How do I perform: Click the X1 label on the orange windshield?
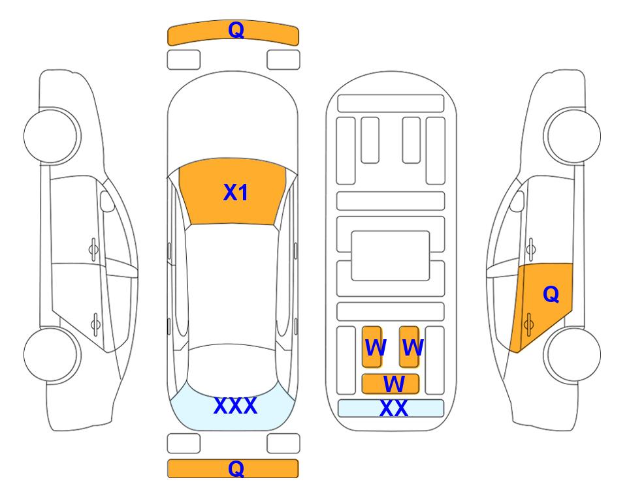(236, 192)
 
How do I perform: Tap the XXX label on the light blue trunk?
(236, 406)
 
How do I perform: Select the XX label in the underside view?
(393, 408)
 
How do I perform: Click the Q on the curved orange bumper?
(236, 30)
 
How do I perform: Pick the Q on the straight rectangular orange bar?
(236, 468)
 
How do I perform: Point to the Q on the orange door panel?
(551, 294)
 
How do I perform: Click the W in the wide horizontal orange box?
(393, 384)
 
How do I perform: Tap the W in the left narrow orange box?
(376, 347)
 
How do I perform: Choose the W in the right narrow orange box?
(412, 347)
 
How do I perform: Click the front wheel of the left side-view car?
(52, 136)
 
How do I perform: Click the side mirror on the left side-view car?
(107, 201)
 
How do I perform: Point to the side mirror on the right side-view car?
(517, 201)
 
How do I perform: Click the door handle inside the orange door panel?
(528, 324)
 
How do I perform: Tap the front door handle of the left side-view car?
(93, 249)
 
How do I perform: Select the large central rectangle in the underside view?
(391, 256)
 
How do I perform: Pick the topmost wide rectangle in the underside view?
(391, 104)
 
